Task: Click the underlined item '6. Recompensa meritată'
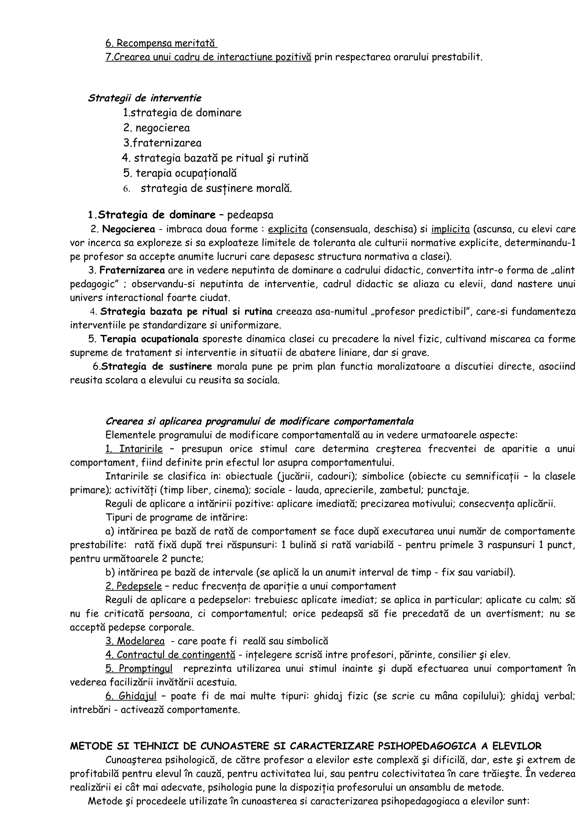(x=161, y=43)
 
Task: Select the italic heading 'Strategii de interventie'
(x=144, y=98)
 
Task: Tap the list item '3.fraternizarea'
(x=162, y=143)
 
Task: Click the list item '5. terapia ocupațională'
(x=180, y=173)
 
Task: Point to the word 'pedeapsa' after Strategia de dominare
(x=250, y=215)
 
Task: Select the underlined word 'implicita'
(x=450, y=229)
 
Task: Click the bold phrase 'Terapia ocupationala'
(x=149, y=339)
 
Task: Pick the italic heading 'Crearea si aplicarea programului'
(x=259, y=421)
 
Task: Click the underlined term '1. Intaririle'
(x=134, y=449)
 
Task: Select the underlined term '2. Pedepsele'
(x=134, y=586)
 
